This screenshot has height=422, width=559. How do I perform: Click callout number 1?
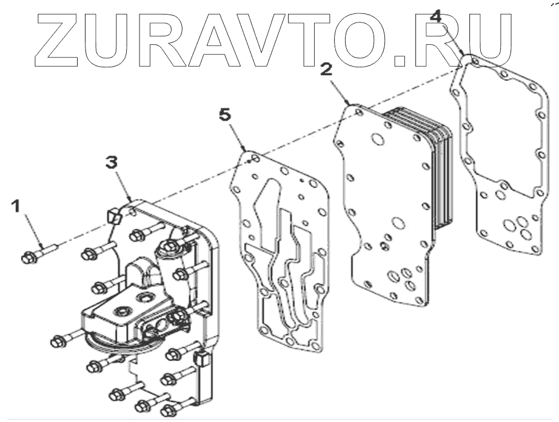click(x=18, y=207)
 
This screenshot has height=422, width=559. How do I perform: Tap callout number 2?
click(x=326, y=69)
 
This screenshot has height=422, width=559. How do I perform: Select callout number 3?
click(x=110, y=162)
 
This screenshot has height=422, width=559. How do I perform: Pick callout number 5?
click(x=226, y=113)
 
